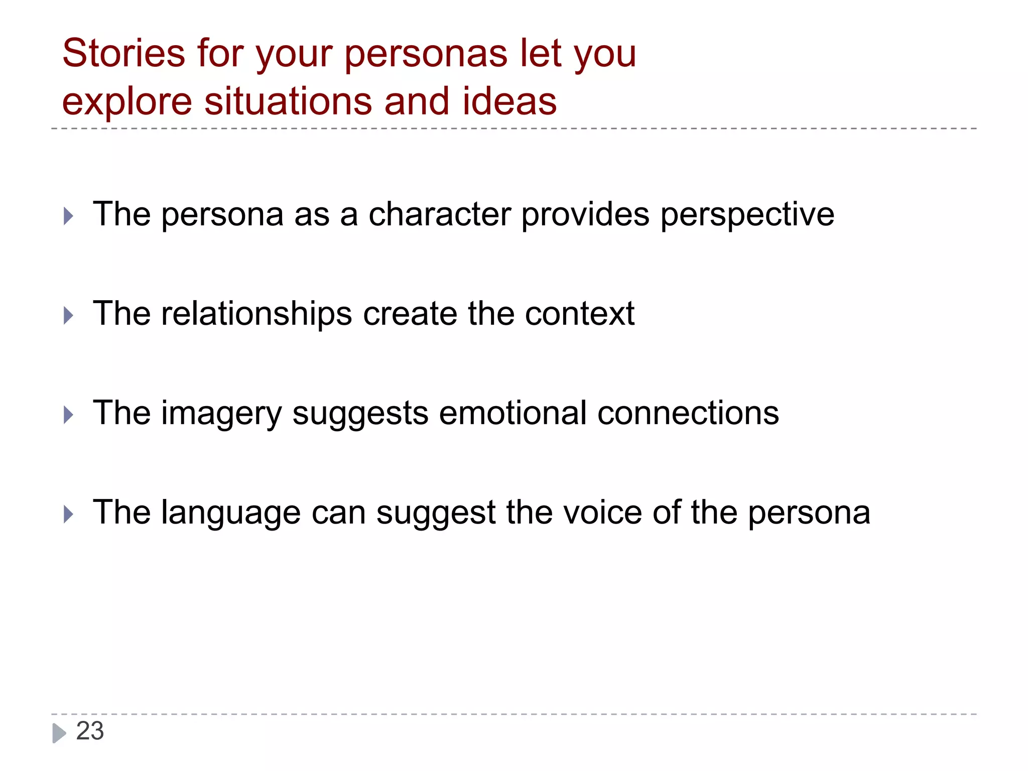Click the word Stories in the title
click(x=123, y=53)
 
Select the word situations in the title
click(x=289, y=101)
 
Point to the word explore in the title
click(x=127, y=102)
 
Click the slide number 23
click(x=90, y=731)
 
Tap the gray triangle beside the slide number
click(x=59, y=733)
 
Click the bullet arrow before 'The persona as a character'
click(x=69, y=216)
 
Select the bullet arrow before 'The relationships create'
click(x=69, y=316)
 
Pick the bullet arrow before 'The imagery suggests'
click(x=69, y=415)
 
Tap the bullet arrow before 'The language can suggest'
click(x=69, y=515)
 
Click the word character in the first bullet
click(x=439, y=214)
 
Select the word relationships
click(x=256, y=314)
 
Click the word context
click(x=579, y=314)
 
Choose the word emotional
click(x=512, y=413)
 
